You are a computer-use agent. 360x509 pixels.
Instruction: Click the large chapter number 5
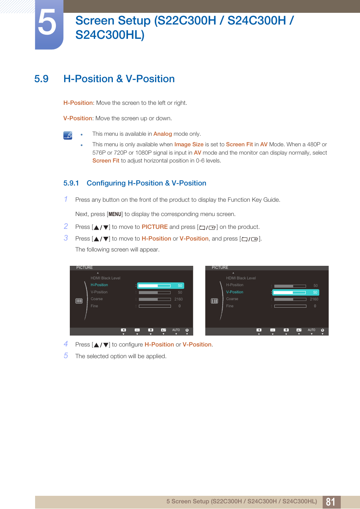click(x=48, y=23)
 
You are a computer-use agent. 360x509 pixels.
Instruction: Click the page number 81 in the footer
click(x=331, y=502)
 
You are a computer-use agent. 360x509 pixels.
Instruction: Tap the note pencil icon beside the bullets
click(x=68, y=135)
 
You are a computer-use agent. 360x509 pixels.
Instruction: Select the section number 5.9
click(x=42, y=79)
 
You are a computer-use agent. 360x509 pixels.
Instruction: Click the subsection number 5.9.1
click(x=71, y=183)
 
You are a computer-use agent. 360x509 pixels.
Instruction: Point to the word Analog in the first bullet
click(x=163, y=134)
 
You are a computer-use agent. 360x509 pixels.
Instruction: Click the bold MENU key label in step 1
click(x=115, y=214)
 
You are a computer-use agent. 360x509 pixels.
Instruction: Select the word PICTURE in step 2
click(x=155, y=227)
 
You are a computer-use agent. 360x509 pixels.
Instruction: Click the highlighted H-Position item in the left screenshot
click(x=99, y=285)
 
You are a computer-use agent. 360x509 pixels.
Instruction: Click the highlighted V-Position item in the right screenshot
click(x=235, y=292)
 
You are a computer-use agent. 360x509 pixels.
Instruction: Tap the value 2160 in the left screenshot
click(x=178, y=299)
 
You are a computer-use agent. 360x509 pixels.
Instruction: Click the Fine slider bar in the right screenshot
click(x=290, y=306)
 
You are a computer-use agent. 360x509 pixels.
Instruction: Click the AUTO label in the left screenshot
click(x=176, y=330)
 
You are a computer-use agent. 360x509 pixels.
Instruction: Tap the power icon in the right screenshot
click(x=322, y=330)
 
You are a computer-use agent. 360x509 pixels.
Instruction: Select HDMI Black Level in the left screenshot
click(x=105, y=278)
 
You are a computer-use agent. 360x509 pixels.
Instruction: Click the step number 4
click(x=66, y=344)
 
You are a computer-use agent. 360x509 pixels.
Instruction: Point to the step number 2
click(x=66, y=226)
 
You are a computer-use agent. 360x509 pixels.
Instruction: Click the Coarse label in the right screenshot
click(x=232, y=299)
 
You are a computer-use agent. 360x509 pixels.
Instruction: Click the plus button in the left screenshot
click(x=151, y=330)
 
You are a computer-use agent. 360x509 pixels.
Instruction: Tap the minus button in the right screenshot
click(x=272, y=330)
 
